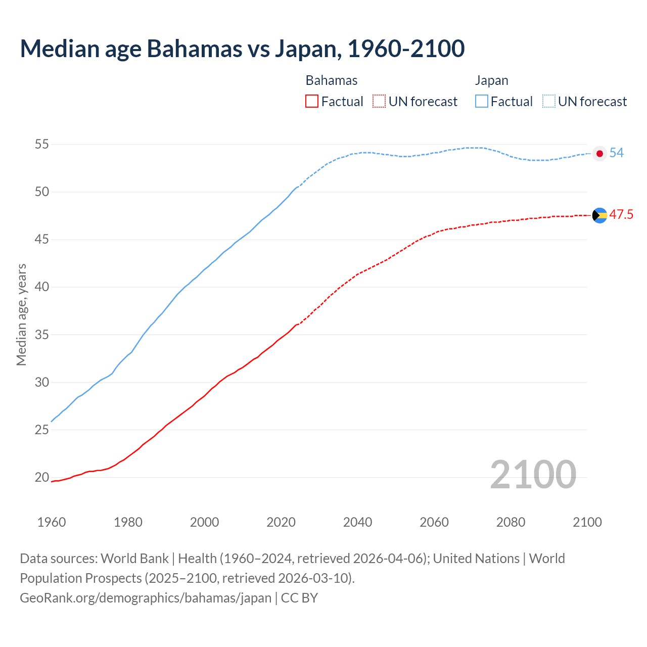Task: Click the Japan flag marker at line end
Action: pyautogui.click(x=599, y=154)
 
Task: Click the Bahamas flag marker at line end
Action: pyautogui.click(x=599, y=215)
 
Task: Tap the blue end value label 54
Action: pyautogui.click(x=617, y=153)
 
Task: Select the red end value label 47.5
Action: pyautogui.click(x=621, y=215)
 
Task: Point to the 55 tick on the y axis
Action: pyautogui.click(x=41, y=145)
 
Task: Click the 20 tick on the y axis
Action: pyautogui.click(x=41, y=477)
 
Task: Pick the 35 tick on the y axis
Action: pyautogui.click(x=41, y=335)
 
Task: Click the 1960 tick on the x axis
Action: pyautogui.click(x=52, y=522)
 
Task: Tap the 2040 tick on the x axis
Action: pyautogui.click(x=357, y=522)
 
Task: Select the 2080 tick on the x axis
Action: pyautogui.click(x=511, y=522)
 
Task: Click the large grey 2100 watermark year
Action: pyautogui.click(x=533, y=474)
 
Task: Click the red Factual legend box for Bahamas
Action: pyautogui.click(x=312, y=102)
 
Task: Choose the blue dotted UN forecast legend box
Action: pyautogui.click(x=549, y=102)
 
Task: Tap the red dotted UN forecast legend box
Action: pyautogui.click(x=379, y=102)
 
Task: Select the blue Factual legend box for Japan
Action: pyautogui.click(x=482, y=102)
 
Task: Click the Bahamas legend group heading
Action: pyautogui.click(x=332, y=80)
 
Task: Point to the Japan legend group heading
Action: pyautogui.click(x=491, y=80)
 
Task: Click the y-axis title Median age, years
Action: pyautogui.click(x=21, y=314)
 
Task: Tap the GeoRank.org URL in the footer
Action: pyautogui.click(x=146, y=598)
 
